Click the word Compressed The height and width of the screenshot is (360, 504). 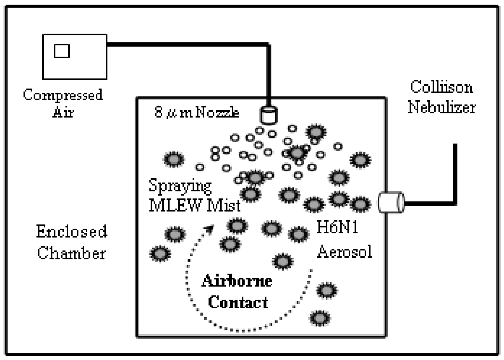click(x=63, y=95)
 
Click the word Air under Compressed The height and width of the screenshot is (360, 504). click(x=63, y=112)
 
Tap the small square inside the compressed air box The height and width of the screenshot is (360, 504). click(x=62, y=51)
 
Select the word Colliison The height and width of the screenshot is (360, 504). click(x=441, y=87)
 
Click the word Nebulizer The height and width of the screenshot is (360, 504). click(x=441, y=107)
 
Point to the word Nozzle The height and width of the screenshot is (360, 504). click(x=217, y=112)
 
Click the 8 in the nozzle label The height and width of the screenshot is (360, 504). click(x=159, y=112)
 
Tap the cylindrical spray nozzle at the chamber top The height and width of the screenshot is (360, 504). click(x=268, y=115)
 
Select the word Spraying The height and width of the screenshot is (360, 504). click(x=180, y=186)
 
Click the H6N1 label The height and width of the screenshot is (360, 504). click(x=337, y=228)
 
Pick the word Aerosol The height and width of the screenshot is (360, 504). click(x=344, y=251)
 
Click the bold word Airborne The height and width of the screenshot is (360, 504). click(x=237, y=281)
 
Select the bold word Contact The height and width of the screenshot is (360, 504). click(x=238, y=302)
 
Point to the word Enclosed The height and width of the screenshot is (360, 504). click(x=71, y=231)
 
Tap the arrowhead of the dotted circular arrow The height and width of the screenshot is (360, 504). click(x=209, y=229)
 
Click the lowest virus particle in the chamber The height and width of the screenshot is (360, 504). click(x=319, y=317)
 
